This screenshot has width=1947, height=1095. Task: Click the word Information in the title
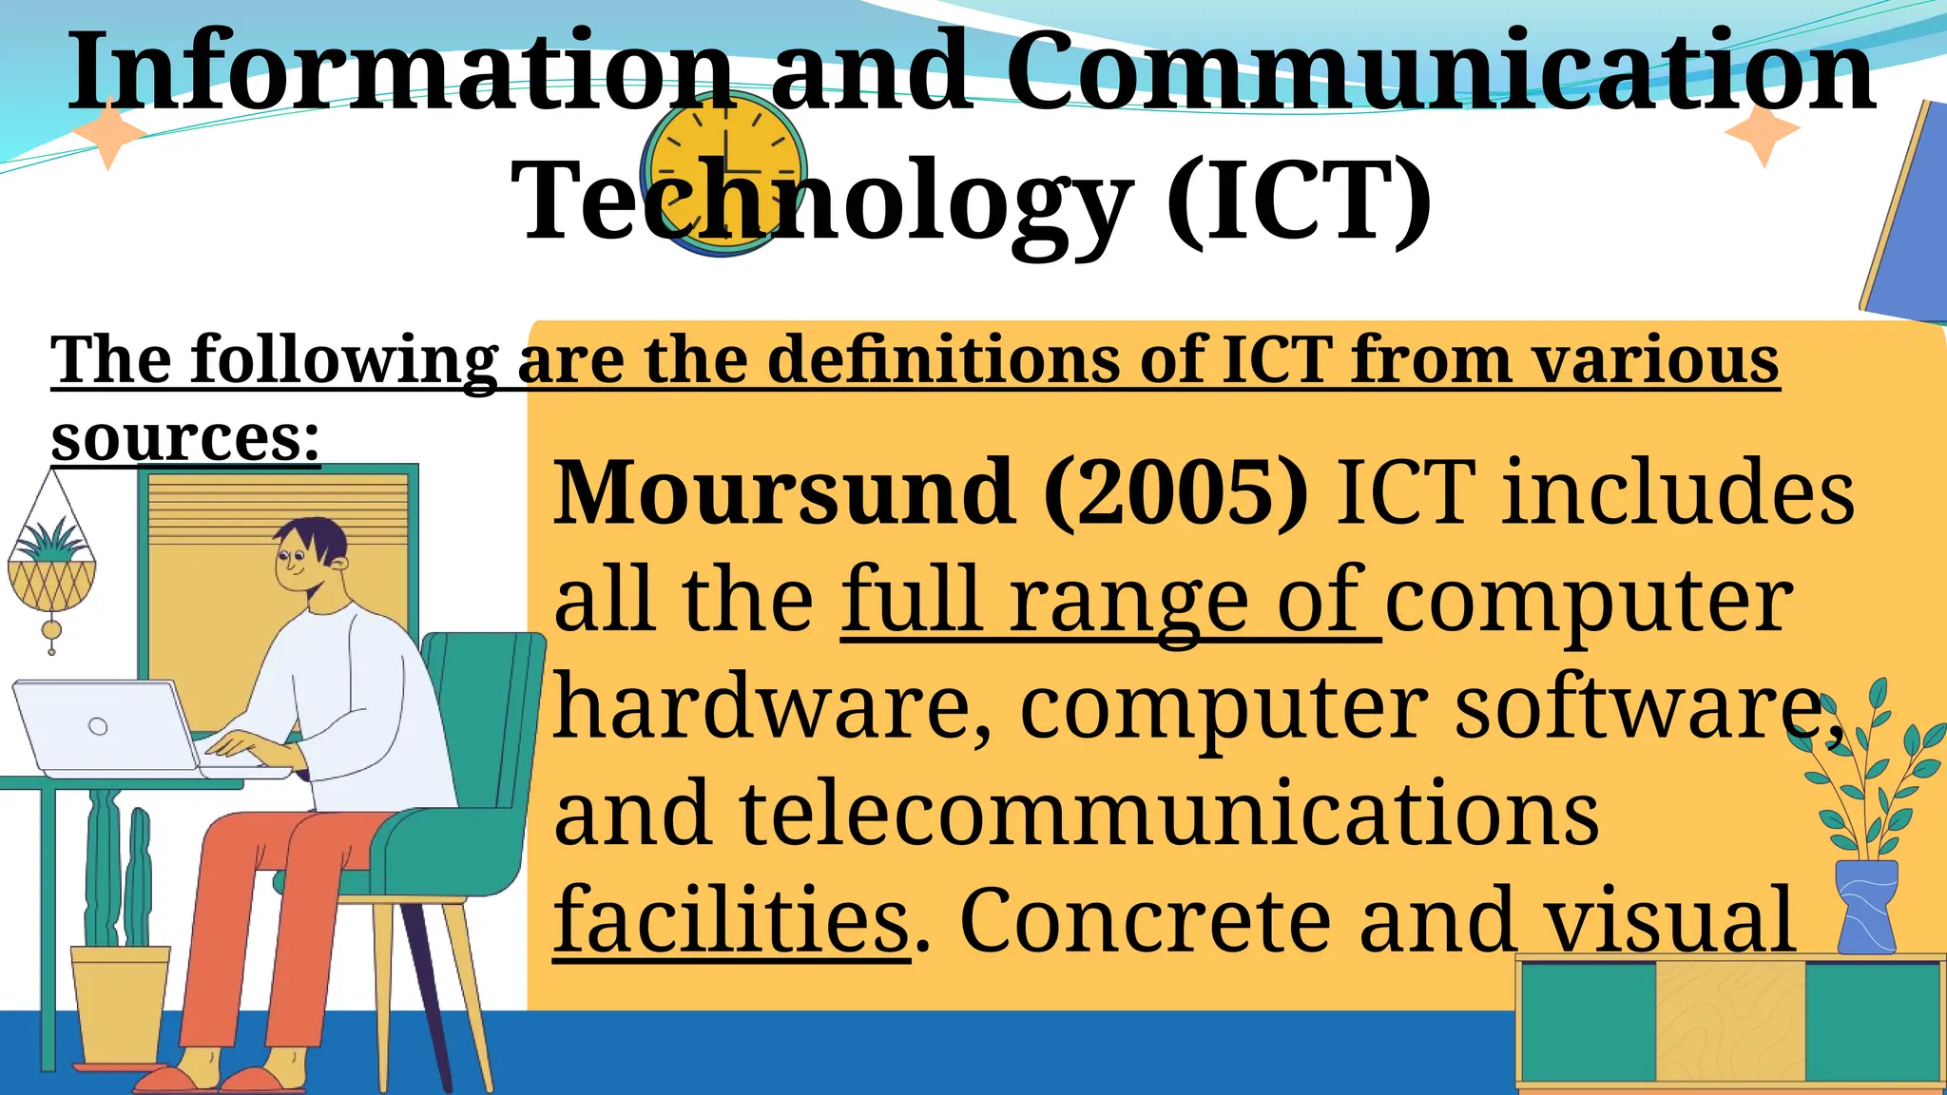tap(399, 71)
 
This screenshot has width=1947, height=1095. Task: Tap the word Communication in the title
tap(1440, 71)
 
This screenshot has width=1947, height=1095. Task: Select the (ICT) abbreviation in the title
tap(1300, 202)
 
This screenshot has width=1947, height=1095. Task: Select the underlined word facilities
tap(731, 919)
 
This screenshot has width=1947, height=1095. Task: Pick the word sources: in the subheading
tap(185, 438)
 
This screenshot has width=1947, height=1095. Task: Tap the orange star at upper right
tap(1763, 132)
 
